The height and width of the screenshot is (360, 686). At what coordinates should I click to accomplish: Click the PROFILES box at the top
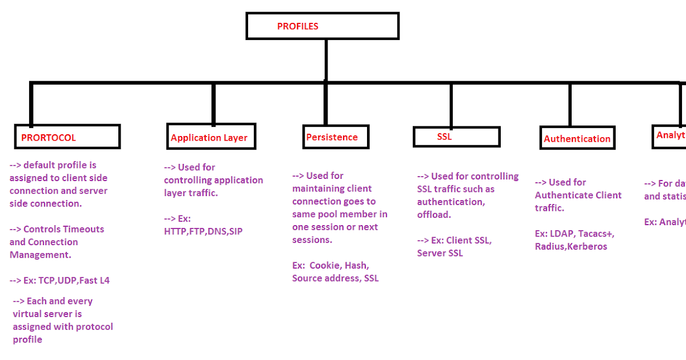click(322, 26)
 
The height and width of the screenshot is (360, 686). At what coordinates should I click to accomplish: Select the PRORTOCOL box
click(67, 137)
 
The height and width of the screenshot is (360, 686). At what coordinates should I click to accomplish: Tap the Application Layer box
click(211, 137)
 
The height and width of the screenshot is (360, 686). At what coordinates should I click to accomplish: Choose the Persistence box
click(336, 137)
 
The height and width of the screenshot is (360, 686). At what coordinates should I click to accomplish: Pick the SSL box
click(456, 137)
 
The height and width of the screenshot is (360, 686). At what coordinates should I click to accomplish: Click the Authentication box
click(577, 138)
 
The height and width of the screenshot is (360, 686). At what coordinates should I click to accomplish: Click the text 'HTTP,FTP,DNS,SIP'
click(203, 231)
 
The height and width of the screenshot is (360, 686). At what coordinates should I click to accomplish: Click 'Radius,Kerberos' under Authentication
click(571, 247)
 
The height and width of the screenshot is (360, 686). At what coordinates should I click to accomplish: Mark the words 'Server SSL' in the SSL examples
click(440, 253)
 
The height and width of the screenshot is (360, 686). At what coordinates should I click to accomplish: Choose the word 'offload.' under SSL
click(434, 214)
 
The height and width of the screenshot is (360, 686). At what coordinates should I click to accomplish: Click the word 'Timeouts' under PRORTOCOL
click(83, 229)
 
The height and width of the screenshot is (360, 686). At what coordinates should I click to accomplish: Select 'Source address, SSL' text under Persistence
click(336, 278)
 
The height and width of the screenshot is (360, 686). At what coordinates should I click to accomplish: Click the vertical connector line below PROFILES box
click(326, 60)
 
